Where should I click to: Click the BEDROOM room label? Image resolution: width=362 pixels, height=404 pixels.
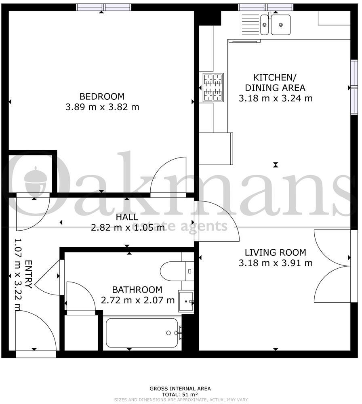click(102, 97)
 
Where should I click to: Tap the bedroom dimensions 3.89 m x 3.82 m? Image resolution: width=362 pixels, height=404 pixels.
click(102, 107)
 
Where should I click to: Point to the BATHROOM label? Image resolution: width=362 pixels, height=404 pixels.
click(137, 290)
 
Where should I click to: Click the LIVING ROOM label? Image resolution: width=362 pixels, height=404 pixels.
click(275, 253)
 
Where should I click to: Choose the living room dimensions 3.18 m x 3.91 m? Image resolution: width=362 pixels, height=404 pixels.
click(275, 263)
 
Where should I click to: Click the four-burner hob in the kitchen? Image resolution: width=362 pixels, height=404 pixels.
click(213, 87)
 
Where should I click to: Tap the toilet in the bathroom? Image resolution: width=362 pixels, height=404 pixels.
click(176, 270)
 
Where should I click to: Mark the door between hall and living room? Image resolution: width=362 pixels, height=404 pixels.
click(216, 221)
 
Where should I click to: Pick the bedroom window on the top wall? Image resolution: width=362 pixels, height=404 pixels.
click(104, 7)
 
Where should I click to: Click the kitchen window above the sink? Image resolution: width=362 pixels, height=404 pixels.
click(265, 7)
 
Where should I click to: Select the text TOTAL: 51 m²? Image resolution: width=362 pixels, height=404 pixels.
click(180, 394)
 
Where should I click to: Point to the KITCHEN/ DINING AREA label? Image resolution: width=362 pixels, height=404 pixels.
click(275, 82)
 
